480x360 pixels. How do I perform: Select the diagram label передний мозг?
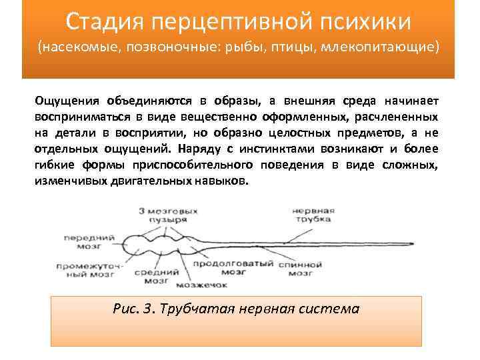pyautogui.click(x=88, y=243)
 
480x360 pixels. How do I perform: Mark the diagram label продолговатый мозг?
pyautogui.click(x=231, y=268)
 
